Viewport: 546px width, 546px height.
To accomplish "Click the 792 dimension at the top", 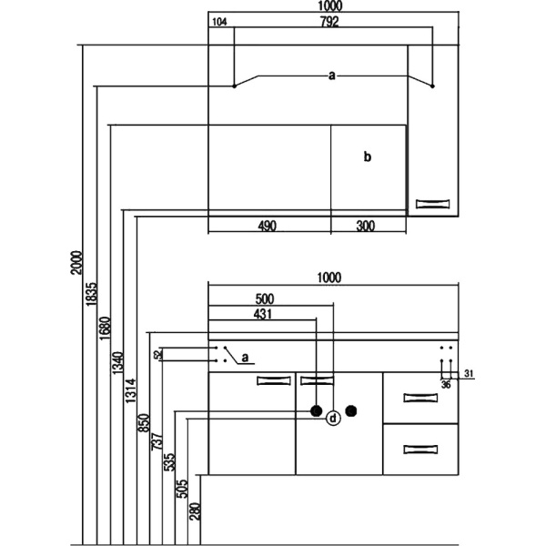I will coord(329,22).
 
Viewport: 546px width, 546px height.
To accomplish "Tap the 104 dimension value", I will coord(218,22).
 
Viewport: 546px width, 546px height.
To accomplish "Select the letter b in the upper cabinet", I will coord(368,157).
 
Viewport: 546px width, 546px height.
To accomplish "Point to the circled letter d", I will coord(333,418).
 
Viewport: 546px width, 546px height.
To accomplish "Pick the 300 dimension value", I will coord(366,226).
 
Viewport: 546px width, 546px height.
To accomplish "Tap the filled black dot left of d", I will coord(316,411).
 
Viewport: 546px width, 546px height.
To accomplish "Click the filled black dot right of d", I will coord(350,411).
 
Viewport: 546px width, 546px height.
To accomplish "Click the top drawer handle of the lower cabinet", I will coord(420,397).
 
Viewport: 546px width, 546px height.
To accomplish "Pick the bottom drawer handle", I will coord(420,449).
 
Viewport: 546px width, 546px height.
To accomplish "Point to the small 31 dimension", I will coord(469,374).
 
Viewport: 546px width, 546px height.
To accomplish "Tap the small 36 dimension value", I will coord(446,384).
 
